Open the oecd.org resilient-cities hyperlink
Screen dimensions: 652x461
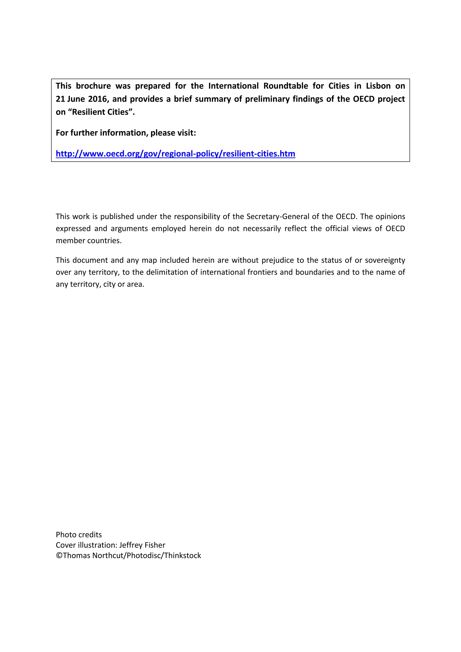175,154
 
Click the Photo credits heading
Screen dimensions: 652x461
79,535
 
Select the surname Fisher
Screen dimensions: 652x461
155,545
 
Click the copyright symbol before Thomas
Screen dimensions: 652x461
59,556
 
